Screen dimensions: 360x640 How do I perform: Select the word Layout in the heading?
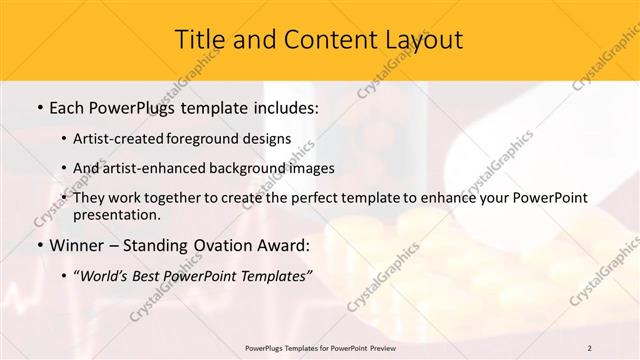click(x=422, y=40)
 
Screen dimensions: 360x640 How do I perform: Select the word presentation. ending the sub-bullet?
click(x=116, y=214)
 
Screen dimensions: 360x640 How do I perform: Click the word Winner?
click(x=78, y=245)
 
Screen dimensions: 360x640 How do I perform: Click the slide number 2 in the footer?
click(x=589, y=347)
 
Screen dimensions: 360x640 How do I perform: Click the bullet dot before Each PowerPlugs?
click(x=38, y=106)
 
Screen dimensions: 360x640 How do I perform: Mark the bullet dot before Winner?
click(x=38, y=246)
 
